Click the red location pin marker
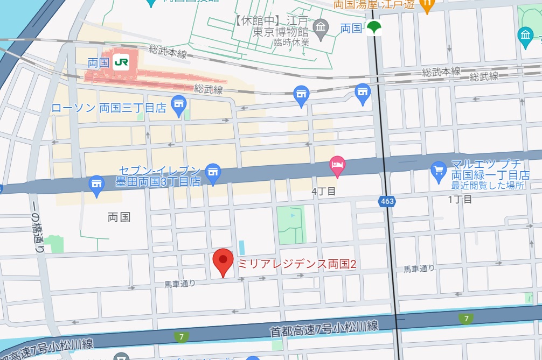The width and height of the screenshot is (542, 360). coord(223,262)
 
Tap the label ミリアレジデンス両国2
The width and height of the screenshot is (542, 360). coord(297,264)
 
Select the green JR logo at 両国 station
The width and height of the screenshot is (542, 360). coord(121,62)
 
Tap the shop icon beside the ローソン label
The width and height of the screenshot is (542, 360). coord(178,104)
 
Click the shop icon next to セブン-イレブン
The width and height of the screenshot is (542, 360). coord(214,172)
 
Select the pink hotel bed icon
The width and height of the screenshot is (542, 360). coord(337,165)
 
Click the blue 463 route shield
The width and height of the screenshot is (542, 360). coord(386,201)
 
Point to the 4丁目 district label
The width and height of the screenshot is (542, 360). coord(323,191)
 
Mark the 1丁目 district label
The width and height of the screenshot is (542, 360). coord(460,199)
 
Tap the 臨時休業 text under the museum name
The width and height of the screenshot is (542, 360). coord(291,43)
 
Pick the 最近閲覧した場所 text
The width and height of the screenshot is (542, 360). coord(488,186)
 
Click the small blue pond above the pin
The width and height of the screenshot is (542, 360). coord(241,248)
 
